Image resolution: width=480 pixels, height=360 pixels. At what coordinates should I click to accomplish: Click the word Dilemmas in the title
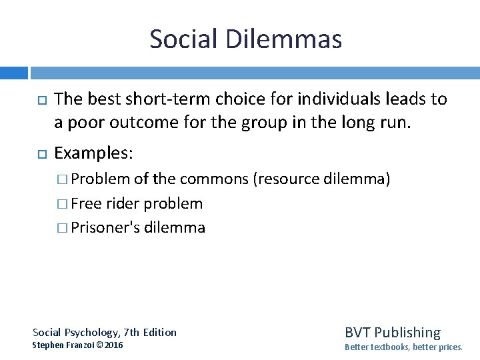[x=284, y=39]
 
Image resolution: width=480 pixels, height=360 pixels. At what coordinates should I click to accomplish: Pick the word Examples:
[x=93, y=153]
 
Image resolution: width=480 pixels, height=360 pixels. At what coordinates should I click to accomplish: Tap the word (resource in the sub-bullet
[x=288, y=179]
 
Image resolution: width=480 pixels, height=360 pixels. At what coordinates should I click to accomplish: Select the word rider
[x=121, y=203]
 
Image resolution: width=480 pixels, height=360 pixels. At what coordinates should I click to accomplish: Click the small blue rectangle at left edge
[x=13, y=73]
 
